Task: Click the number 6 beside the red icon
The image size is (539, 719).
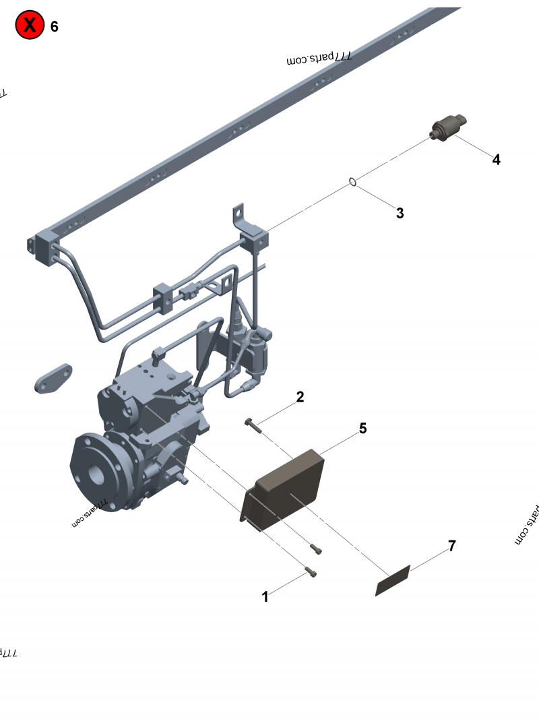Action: (54, 26)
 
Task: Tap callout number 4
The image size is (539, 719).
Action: (496, 160)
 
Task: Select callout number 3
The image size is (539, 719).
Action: (400, 213)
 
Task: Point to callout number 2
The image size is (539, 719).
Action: (300, 397)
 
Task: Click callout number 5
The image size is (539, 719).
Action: (362, 429)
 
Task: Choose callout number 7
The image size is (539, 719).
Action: (452, 546)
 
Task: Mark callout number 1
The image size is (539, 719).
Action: (265, 596)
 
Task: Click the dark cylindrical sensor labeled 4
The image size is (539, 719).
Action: (448, 129)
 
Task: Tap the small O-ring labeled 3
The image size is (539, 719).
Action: (352, 182)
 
